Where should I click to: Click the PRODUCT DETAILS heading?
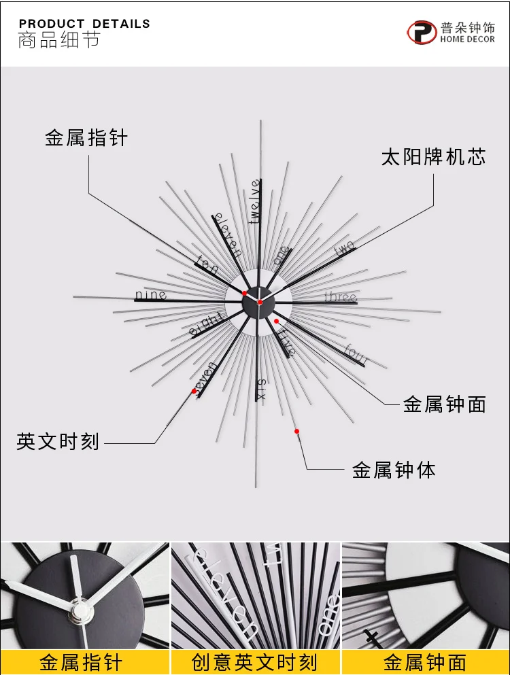click(84, 24)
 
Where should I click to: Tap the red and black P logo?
click(422, 32)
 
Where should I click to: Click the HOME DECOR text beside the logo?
click(467, 39)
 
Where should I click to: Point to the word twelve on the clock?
click(256, 201)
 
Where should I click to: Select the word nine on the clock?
click(151, 295)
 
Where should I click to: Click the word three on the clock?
click(341, 297)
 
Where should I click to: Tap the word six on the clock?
click(260, 389)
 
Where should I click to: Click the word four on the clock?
click(356, 354)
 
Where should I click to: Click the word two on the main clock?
click(345, 248)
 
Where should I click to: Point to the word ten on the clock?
click(207, 264)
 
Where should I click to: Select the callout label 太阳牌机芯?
click(433, 157)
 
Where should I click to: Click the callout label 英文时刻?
click(58, 442)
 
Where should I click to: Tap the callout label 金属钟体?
click(394, 470)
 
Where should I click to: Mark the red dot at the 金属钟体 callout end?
click(296, 432)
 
